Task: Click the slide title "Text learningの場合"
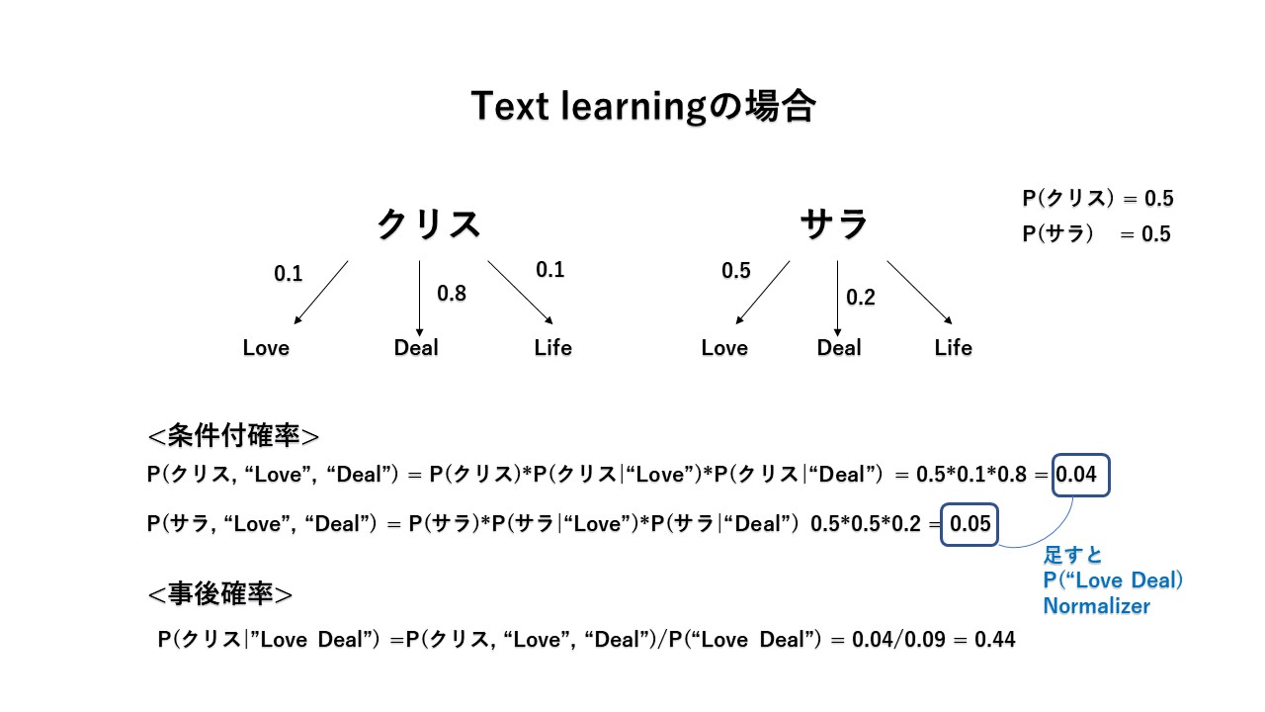[x=642, y=107]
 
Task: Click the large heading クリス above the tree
[x=429, y=225]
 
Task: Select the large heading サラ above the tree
[x=835, y=225]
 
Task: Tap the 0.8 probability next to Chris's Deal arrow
[x=451, y=294]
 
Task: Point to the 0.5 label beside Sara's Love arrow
[x=735, y=271]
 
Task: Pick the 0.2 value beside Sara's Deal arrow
[x=861, y=298]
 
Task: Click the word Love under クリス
[x=266, y=348]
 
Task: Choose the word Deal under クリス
[x=416, y=348]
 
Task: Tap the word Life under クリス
[x=552, y=348]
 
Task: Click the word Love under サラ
[x=724, y=348]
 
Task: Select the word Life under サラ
[x=954, y=348]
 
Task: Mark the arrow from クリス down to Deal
[x=420, y=297]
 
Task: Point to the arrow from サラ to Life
[x=919, y=293]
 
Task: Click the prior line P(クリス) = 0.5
[x=1097, y=199]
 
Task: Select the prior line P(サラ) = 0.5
[x=1096, y=234]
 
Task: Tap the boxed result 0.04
[x=1082, y=475]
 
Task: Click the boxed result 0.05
[x=970, y=524]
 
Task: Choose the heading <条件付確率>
[x=233, y=437]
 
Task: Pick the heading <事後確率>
[x=219, y=594]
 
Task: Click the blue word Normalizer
[x=1096, y=606]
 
